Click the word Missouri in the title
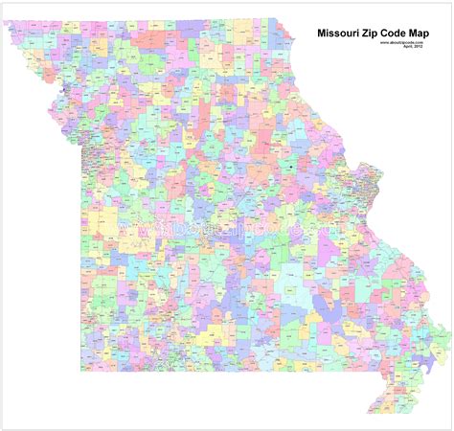tap(341, 32)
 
